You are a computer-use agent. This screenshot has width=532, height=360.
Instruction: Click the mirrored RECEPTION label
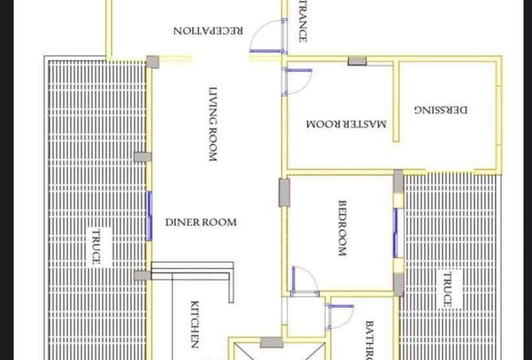209,31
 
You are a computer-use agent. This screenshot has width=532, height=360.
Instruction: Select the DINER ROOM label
201,222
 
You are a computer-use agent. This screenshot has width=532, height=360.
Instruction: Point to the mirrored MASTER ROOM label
346,124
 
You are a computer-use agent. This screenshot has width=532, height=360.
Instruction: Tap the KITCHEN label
194,324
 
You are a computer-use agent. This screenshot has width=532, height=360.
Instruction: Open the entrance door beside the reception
268,40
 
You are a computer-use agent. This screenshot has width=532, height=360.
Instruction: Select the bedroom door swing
305,280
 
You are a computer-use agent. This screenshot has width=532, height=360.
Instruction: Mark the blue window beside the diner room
149,216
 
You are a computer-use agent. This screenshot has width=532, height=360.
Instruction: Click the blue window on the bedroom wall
395,233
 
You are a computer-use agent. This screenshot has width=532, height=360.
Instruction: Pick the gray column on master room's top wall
357,61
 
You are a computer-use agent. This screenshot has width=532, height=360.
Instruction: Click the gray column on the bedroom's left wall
284,193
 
